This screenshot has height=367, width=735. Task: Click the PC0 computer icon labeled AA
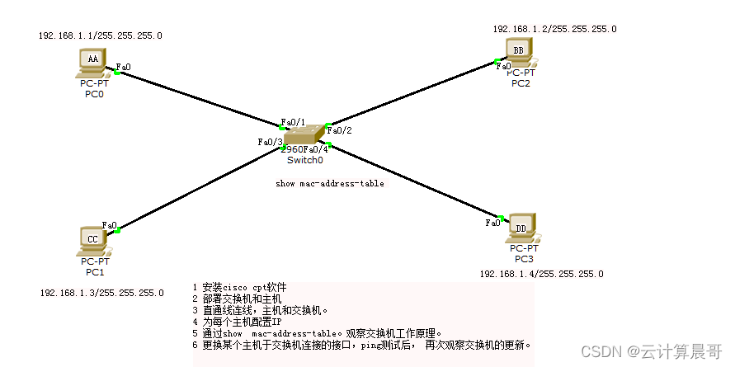(93, 61)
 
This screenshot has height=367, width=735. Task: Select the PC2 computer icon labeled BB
(519, 52)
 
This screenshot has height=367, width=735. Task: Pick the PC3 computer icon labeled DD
(521, 228)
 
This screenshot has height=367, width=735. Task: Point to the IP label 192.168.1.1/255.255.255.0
(101, 35)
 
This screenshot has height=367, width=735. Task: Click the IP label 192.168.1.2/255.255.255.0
(554, 29)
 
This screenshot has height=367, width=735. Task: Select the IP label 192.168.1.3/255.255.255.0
(101, 292)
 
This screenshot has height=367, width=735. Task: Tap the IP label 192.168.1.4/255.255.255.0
(542, 273)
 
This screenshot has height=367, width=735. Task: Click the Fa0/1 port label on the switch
(293, 122)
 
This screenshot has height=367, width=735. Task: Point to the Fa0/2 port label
(340, 130)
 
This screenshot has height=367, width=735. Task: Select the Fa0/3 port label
(270, 142)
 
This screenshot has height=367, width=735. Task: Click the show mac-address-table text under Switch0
(329, 183)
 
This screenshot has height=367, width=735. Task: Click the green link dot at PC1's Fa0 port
(118, 230)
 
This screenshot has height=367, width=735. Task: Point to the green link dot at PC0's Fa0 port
(117, 73)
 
